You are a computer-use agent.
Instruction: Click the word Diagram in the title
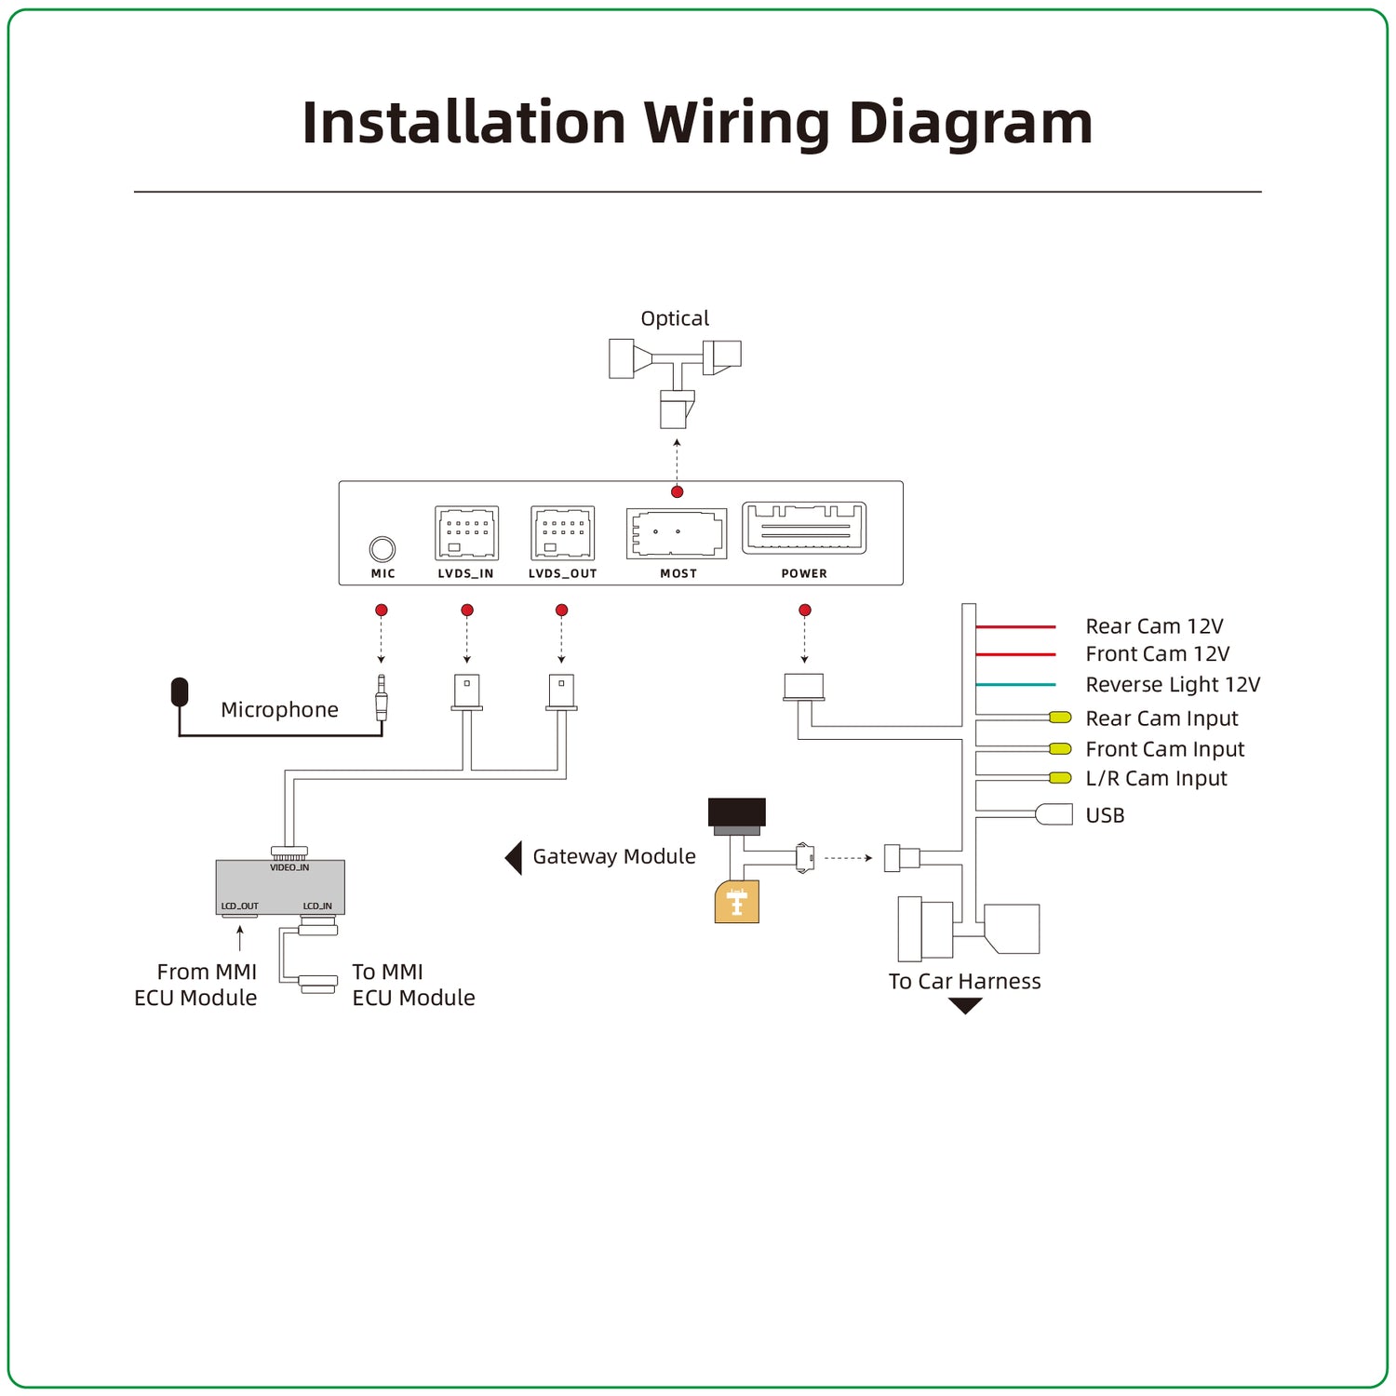pos(971,123)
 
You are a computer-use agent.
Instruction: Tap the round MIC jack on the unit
pos(383,549)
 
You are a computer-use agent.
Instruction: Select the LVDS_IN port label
pos(465,573)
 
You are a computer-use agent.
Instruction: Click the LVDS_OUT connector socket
pos(562,533)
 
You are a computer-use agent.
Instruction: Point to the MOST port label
pos(678,573)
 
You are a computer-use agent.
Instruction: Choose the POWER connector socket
pos(804,529)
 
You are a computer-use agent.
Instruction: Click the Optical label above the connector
pos(675,318)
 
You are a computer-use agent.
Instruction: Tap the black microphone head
pos(180,691)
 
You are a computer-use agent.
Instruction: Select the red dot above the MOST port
pos(678,491)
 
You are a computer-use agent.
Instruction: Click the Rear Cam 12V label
pos(1154,626)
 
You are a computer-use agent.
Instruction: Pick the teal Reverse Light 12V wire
pos(1015,685)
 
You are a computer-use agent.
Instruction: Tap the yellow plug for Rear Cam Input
pos(1060,718)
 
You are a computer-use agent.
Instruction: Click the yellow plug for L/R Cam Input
pos(1060,778)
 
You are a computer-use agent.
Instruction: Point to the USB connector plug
pos(1054,814)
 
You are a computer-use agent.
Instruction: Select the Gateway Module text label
pos(614,856)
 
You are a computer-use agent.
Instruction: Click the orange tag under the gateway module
pos(736,902)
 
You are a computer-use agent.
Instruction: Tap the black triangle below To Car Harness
pos(965,1005)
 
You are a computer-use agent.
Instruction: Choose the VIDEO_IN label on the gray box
pos(289,867)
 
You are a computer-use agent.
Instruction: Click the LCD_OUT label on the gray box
pos(239,906)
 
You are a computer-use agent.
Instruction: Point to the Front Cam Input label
pos(1164,749)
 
